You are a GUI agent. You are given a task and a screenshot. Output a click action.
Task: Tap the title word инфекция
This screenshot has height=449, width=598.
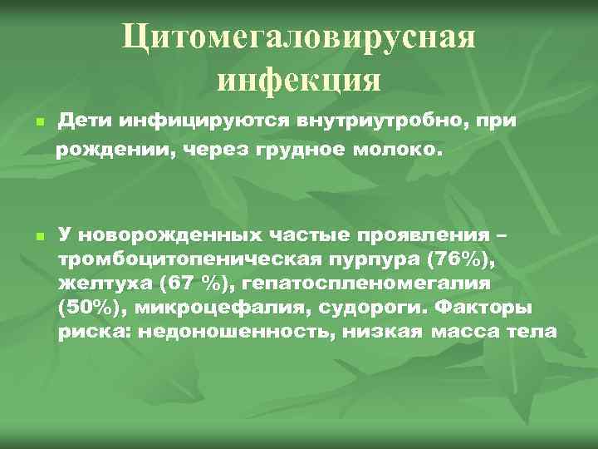[x=299, y=81]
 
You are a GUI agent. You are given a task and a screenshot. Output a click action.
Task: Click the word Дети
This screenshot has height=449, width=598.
[x=83, y=121]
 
